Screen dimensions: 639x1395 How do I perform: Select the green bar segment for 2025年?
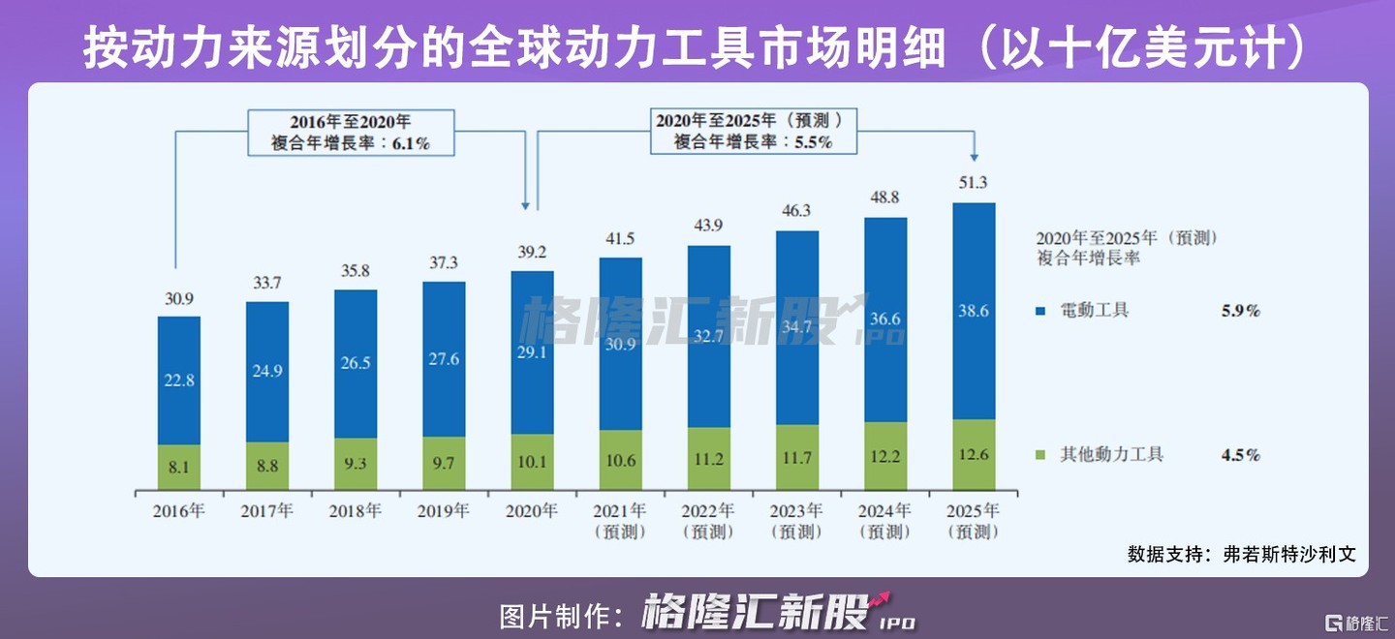(x=975, y=454)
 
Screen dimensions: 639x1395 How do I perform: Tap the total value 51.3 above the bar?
(x=975, y=183)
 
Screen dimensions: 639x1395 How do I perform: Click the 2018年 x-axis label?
(x=356, y=511)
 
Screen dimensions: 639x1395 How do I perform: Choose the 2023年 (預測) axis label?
(x=796, y=521)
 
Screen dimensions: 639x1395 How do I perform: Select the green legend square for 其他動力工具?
(x=1041, y=455)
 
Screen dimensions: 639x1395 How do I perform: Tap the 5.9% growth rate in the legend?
(x=1240, y=312)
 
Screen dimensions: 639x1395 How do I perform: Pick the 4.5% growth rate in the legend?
(x=1240, y=455)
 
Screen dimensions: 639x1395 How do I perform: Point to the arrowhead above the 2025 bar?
(x=975, y=156)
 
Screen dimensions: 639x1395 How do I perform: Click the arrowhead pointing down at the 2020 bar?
(x=525, y=205)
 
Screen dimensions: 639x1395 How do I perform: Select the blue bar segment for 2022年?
(x=709, y=336)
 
